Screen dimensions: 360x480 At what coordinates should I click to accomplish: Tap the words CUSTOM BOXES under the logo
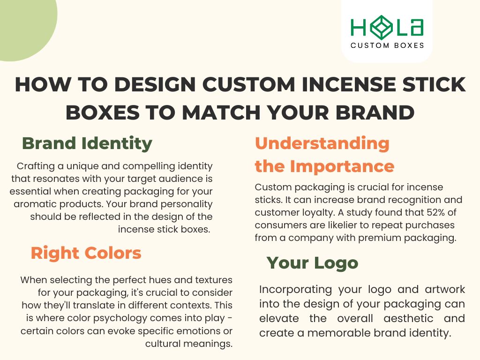[x=387, y=45]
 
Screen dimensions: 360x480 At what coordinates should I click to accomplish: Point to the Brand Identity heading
[x=87, y=143]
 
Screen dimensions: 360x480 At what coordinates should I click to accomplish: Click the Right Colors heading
[x=86, y=253]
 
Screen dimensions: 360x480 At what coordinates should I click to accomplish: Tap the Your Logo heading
[x=312, y=262]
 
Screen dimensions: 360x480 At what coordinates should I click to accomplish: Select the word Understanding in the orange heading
[x=322, y=143]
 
